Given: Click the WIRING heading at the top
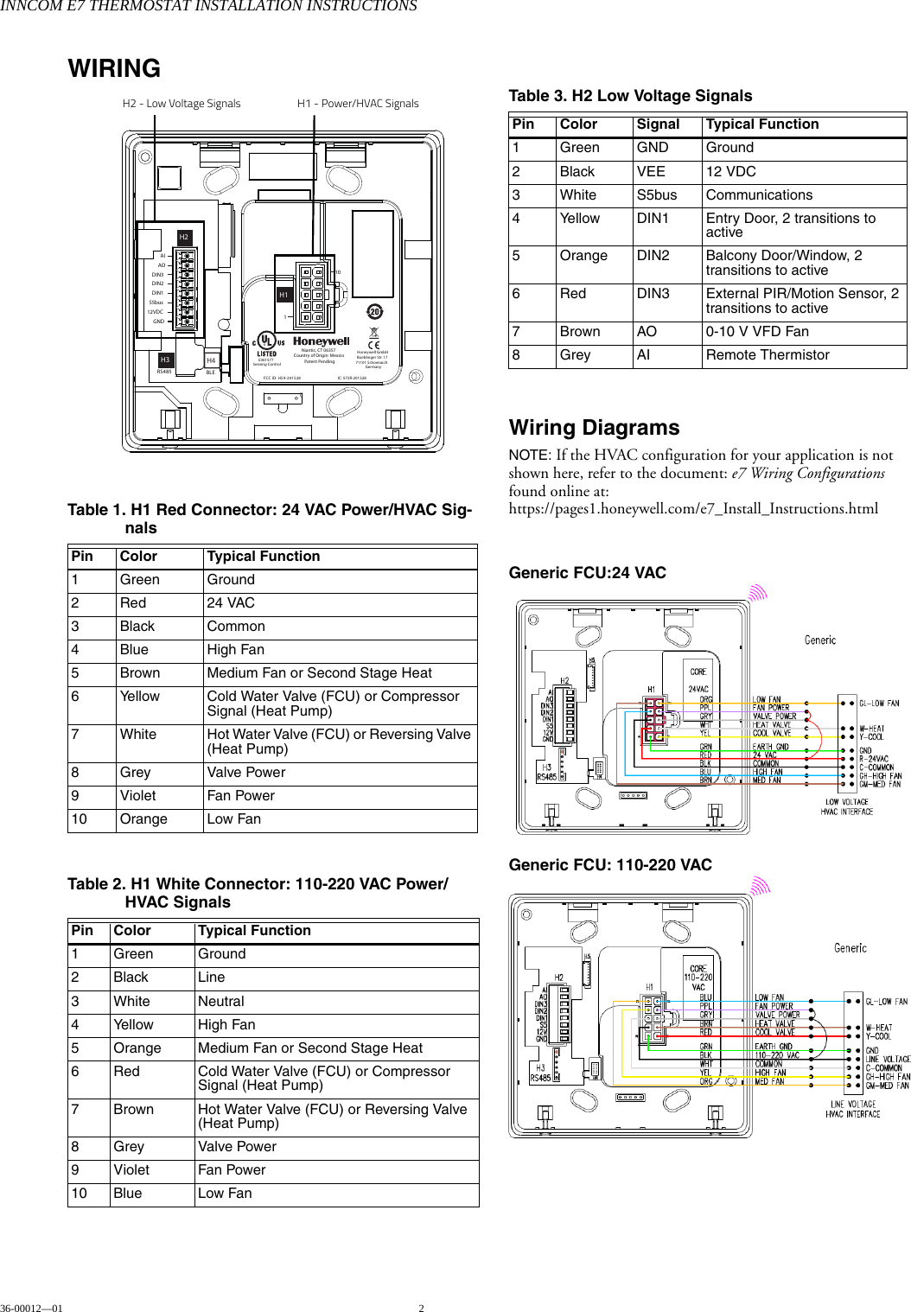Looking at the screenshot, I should click(x=114, y=68).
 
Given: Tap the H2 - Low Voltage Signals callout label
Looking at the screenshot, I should click(x=182, y=103).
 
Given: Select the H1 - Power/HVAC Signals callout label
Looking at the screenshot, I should click(x=358, y=103).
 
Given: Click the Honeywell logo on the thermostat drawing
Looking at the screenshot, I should click(x=321, y=341).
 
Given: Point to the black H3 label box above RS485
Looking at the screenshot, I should click(x=165, y=360).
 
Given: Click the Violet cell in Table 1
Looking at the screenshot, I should click(x=138, y=796).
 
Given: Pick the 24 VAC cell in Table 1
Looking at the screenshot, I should click(x=231, y=603).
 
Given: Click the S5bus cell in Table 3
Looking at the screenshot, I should click(x=657, y=195).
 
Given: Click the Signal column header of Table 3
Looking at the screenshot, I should click(x=658, y=124).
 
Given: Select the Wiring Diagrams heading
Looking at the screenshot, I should click(x=594, y=428).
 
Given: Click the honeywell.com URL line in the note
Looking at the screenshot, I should click(x=692, y=508).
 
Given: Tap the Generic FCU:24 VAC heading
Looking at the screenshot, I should click(x=587, y=572).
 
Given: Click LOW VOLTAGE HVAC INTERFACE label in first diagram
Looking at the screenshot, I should click(x=846, y=806).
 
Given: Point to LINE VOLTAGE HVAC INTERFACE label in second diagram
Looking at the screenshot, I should click(x=852, y=1109).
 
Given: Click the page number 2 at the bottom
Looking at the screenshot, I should click(x=422, y=1308).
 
